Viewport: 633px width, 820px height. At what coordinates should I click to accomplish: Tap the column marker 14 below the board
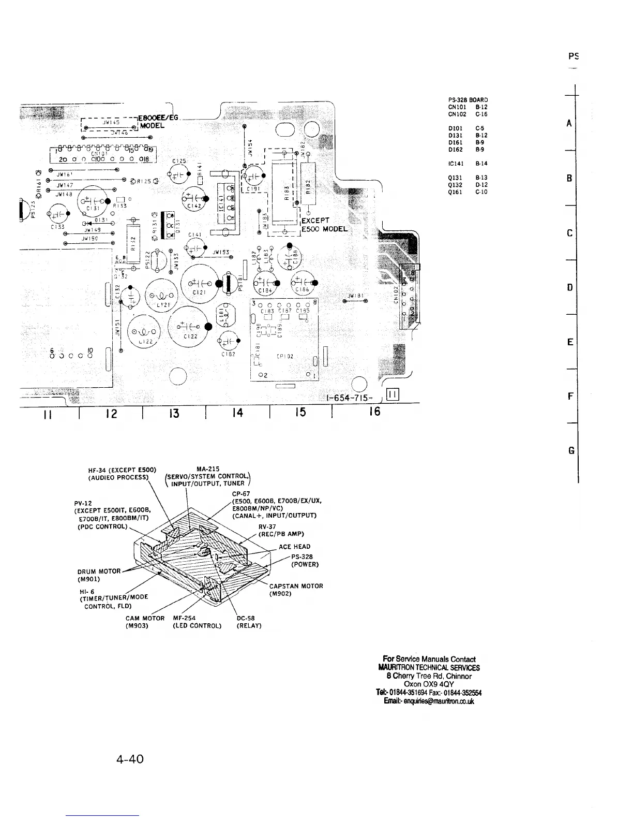[x=237, y=412]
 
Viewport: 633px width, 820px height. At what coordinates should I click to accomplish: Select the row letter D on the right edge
[x=569, y=287]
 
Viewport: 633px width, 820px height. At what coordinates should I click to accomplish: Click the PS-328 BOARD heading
[x=468, y=100]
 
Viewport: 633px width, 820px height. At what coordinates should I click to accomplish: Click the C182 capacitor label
[x=229, y=354]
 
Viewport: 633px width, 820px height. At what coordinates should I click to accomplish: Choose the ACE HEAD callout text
[x=294, y=547]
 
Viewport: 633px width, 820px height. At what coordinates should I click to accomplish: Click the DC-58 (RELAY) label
[x=249, y=622]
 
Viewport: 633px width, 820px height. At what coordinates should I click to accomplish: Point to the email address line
[x=429, y=701]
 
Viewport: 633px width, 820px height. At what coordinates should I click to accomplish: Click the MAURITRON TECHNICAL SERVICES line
[x=429, y=667]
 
